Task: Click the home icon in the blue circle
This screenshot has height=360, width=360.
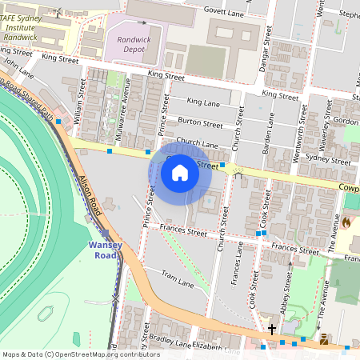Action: (180, 172)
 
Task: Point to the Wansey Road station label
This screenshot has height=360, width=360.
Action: (104, 250)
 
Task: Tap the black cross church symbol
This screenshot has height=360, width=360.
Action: (272, 329)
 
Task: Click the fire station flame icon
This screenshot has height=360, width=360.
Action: (346, 223)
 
